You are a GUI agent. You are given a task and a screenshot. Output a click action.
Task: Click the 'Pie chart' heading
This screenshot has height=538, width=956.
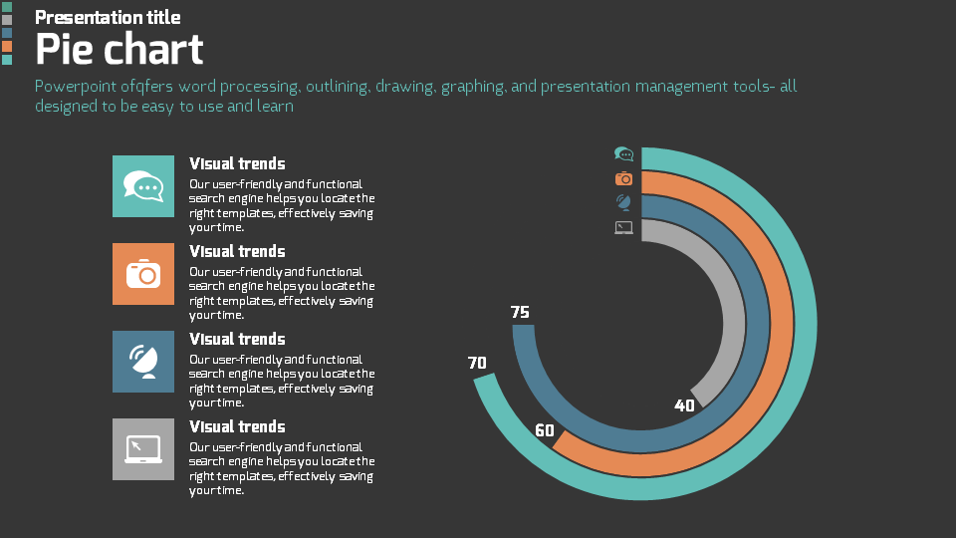(x=119, y=49)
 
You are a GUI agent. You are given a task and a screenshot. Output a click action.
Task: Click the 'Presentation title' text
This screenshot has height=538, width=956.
(x=108, y=17)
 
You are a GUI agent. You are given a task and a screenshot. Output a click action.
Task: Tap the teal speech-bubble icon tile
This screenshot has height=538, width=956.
(x=142, y=186)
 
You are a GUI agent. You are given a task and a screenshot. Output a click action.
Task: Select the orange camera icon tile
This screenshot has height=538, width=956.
(x=142, y=274)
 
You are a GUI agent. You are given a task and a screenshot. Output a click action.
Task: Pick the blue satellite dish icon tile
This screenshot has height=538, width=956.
(x=142, y=362)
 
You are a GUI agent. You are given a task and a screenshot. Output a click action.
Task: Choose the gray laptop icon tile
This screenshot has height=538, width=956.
(x=142, y=449)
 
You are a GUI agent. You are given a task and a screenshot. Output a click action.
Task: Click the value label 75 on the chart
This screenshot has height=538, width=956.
(x=520, y=312)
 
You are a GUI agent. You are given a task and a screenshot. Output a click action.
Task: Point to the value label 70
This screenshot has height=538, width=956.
(x=477, y=363)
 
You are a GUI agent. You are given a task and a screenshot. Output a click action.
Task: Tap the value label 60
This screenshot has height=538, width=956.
(x=545, y=430)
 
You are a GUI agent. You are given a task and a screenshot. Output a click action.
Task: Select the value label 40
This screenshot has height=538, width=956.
(x=684, y=405)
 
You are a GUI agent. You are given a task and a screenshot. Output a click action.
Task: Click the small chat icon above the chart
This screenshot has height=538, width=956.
(x=624, y=154)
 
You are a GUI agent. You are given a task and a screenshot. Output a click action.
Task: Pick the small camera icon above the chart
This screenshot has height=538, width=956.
(x=624, y=178)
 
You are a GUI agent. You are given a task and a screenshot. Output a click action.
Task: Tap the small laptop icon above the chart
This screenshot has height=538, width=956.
(x=624, y=227)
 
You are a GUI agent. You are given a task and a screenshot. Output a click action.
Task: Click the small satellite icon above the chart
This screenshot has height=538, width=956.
(x=624, y=202)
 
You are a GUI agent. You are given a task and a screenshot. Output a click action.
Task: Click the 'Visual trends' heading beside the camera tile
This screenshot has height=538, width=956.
(x=237, y=251)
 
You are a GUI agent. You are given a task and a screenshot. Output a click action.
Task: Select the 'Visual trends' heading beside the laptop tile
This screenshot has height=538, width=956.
(x=237, y=426)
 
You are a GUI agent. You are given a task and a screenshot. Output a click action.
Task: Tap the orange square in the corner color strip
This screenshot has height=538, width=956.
(x=7, y=46)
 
